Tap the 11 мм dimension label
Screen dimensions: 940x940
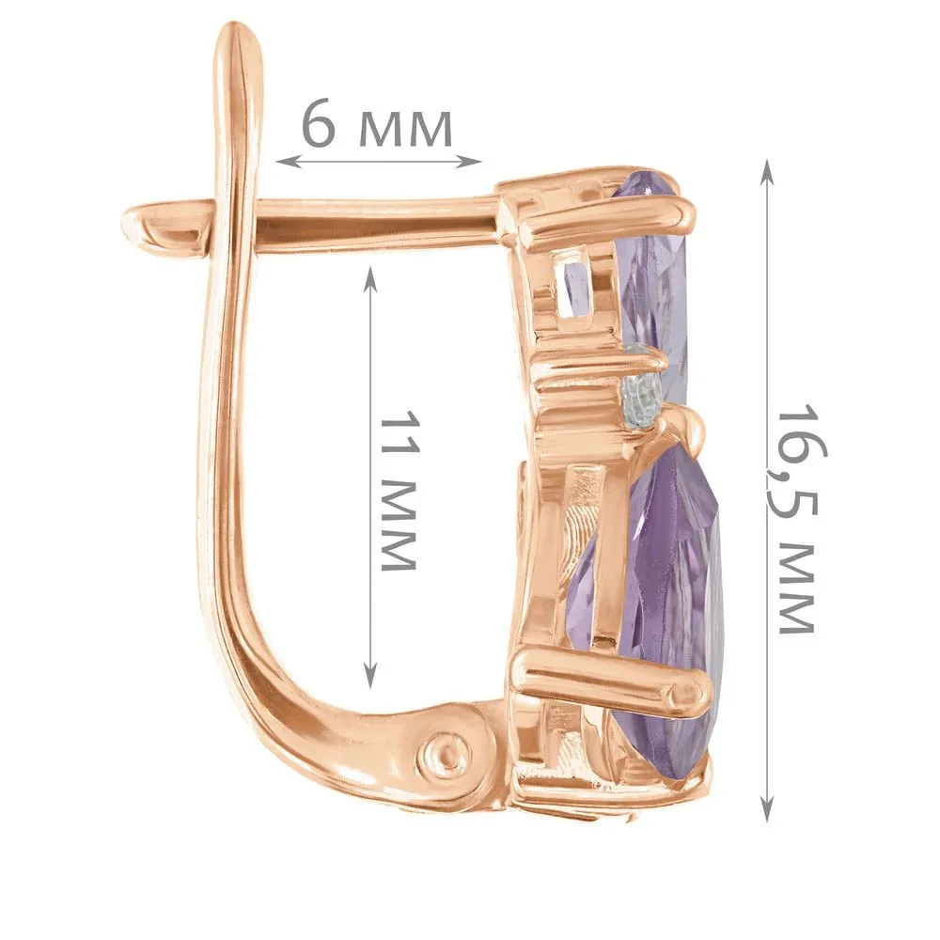pos(399,491)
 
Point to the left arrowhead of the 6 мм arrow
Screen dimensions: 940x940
pos(287,161)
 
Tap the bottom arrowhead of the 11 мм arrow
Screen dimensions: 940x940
pos(370,675)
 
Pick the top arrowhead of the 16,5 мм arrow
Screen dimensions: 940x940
pos(767,174)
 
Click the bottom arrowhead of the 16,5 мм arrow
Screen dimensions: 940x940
pos(767,807)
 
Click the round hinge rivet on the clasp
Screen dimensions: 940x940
pos(445,752)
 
